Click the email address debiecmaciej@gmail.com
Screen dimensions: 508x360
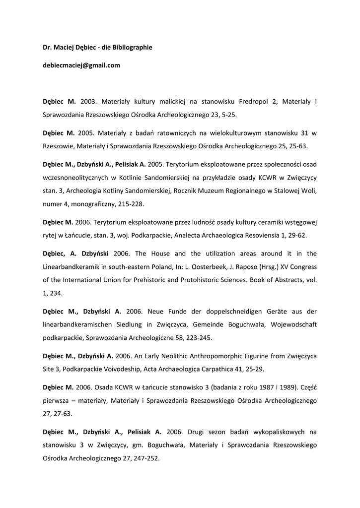(x=81, y=65)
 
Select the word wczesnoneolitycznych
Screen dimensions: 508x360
(x=77, y=178)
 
